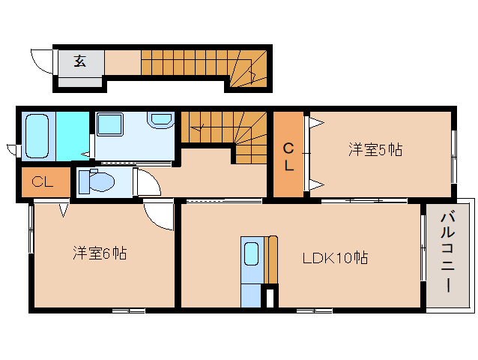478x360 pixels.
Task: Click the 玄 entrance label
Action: [79, 61]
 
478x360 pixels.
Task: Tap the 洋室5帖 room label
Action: [375, 150]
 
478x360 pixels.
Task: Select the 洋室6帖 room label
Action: [100, 253]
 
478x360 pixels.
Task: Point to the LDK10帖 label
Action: [335, 258]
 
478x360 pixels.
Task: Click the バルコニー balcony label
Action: [447, 253]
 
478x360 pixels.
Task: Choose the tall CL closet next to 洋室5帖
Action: [288, 154]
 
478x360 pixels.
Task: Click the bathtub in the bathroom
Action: [37, 136]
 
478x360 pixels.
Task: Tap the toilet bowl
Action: [97, 181]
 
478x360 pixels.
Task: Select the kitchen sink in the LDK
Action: [252, 253]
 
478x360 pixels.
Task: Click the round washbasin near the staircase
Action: [161, 120]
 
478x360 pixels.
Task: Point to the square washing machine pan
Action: [109, 124]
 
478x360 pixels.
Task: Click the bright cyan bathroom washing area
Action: [73, 136]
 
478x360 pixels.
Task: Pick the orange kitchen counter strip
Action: [270, 259]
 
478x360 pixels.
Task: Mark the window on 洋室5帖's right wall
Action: [454, 157]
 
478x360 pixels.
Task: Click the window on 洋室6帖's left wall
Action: [31, 229]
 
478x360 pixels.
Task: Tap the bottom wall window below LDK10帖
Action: [315, 311]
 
